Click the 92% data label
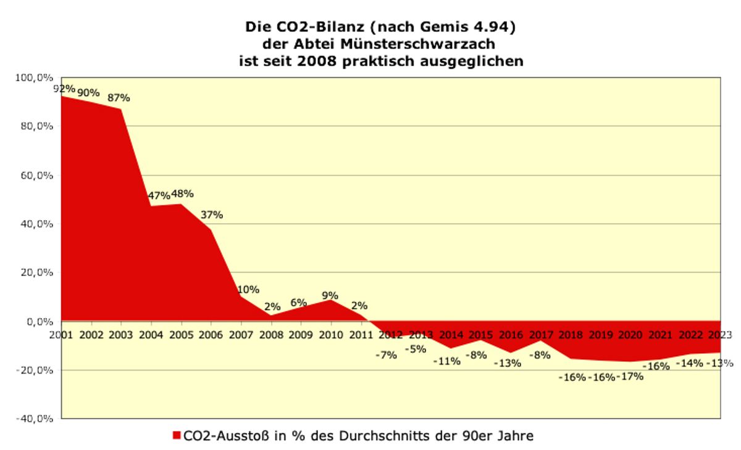pos(64,89)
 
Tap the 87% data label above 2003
pos(119,97)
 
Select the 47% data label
pos(159,195)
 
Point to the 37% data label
pos(212,215)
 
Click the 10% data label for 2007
pos(248,290)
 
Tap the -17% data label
pos(630,376)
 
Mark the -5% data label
pos(415,350)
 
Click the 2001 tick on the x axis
pos(62,335)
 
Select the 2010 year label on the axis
pos(331,335)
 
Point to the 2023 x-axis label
pos(720,335)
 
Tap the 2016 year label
pos(511,335)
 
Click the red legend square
pos(177,436)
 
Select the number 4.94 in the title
pos(491,28)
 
